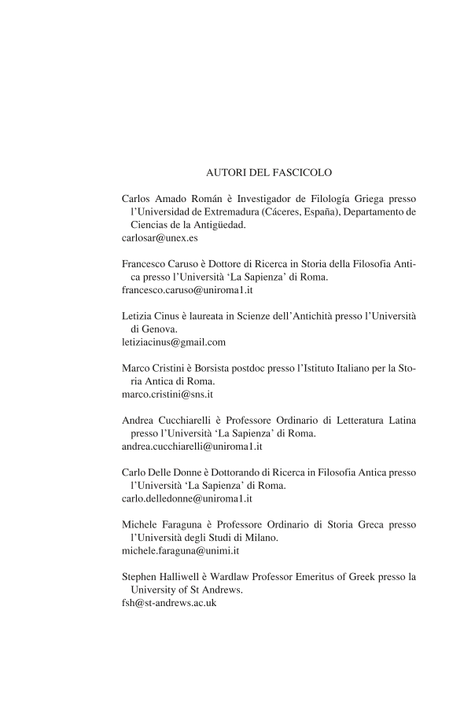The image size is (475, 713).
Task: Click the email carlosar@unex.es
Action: click(154, 237)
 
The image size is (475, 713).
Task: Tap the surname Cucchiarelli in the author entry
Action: click(191, 421)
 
